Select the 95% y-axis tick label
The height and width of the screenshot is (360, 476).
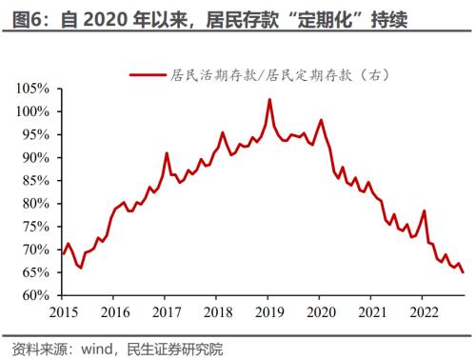tap(34, 134)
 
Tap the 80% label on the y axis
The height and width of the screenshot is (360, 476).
tap(34, 204)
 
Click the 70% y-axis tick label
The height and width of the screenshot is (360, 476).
tap(34, 250)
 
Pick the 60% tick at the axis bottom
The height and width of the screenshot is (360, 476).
tap(34, 295)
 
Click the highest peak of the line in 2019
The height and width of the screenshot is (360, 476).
tap(269, 99)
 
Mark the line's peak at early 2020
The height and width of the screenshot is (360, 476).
tap(321, 120)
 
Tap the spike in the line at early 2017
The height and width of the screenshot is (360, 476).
tap(167, 153)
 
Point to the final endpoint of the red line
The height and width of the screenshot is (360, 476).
tap(464, 272)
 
